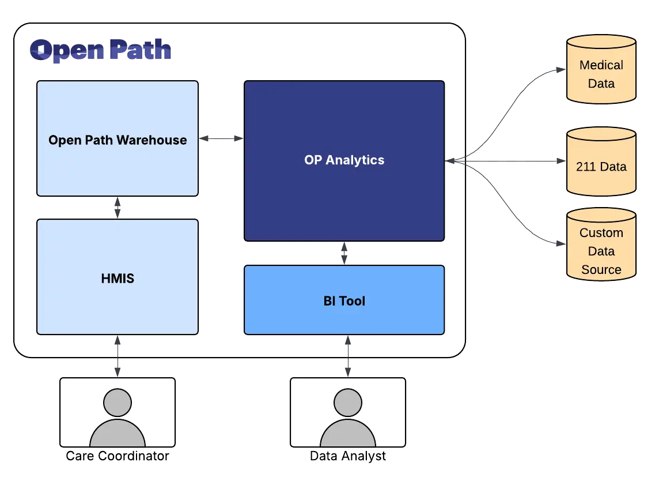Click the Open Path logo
coord(101,51)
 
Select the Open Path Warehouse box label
coord(118,140)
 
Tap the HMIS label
coord(118,279)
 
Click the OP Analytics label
coord(344,160)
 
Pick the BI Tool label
coord(344,301)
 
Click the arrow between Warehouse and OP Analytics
coord(221,138)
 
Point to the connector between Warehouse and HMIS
coord(118,207)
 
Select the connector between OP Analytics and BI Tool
coord(345,253)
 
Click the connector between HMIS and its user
coord(118,356)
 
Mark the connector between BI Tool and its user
coord(347,356)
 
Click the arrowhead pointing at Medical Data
coord(559,69)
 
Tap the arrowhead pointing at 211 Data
coord(559,163)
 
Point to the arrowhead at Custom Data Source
coord(559,245)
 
